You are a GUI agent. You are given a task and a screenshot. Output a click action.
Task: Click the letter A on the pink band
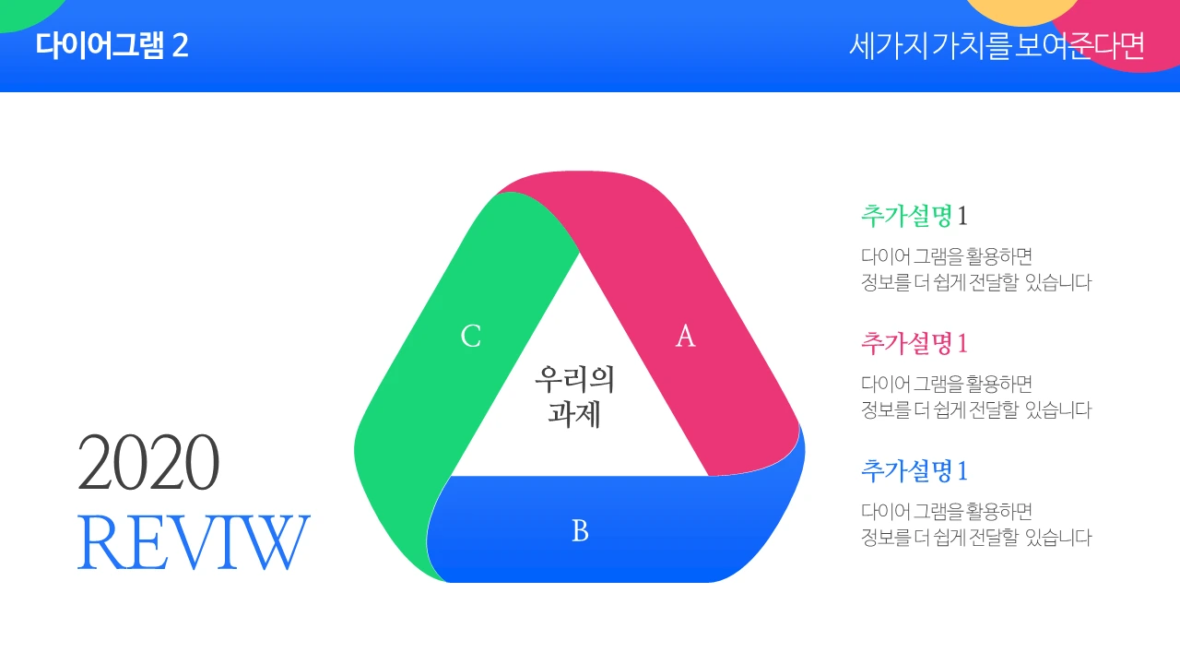[685, 337]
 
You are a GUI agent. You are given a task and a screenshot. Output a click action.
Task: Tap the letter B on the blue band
[580, 531]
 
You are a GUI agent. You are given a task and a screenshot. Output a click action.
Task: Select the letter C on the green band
[471, 337]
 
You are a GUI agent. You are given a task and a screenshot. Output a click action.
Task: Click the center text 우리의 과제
[574, 396]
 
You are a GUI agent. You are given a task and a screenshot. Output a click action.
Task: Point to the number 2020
[148, 463]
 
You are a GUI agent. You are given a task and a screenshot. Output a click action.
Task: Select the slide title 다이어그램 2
[112, 45]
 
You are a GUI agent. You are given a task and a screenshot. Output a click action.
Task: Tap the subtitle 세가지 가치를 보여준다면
[997, 45]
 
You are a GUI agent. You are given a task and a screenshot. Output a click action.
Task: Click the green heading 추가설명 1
[914, 216]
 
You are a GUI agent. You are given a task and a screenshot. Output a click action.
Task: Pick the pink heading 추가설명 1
[914, 343]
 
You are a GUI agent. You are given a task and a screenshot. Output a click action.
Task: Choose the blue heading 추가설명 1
[914, 470]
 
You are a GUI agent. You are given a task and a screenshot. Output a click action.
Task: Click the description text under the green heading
[975, 269]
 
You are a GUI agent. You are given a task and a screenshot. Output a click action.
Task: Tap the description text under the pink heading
[975, 397]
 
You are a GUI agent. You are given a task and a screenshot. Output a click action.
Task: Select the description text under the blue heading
[975, 524]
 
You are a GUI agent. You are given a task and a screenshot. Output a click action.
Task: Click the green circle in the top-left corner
[23, 11]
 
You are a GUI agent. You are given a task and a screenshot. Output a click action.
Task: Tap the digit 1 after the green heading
[962, 217]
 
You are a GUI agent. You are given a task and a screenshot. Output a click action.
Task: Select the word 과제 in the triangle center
[574, 414]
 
